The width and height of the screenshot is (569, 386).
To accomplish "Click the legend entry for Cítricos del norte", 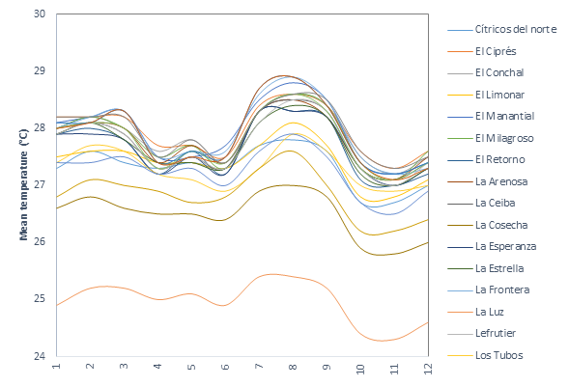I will tap(516, 29).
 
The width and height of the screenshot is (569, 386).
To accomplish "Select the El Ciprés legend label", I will tap(498, 51).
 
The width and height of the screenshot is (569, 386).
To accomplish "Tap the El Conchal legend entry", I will tap(500, 72).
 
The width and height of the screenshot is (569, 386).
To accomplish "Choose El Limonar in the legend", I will tap(500, 95).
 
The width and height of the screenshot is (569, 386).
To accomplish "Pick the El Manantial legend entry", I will tap(504, 116).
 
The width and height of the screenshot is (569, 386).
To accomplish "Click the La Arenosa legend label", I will tap(500, 181).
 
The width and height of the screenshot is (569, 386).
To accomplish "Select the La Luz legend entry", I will tap(490, 312).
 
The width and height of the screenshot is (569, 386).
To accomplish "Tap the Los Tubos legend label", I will tap(498, 355).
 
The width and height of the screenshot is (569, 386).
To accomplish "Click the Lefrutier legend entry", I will tap(496, 333).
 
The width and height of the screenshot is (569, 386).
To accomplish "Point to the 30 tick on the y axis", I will tap(39, 14).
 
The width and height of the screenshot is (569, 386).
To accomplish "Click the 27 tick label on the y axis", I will tap(39, 185).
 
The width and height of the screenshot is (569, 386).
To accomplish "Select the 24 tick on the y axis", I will tap(39, 356).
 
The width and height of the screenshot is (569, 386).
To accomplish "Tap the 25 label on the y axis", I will tap(39, 299).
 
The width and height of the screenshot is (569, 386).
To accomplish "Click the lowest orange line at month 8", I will tap(293, 277).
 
